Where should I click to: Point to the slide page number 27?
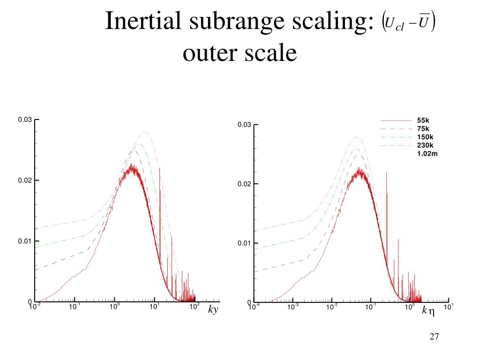tap(434, 337)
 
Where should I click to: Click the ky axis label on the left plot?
tap(213, 310)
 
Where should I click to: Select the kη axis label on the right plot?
tap(428, 310)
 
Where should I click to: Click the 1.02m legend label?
tap(427, 153)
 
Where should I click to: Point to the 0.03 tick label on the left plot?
tap(25, 120)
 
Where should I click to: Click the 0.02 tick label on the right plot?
tap(244, 184)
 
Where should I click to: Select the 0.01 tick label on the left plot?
tap(25, 241)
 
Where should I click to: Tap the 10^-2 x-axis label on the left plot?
tap(34, 307)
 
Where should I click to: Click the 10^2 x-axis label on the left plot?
tap(194, 307)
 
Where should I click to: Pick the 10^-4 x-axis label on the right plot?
tap(254, 307)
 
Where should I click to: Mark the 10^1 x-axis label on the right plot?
tap(448, 307)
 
